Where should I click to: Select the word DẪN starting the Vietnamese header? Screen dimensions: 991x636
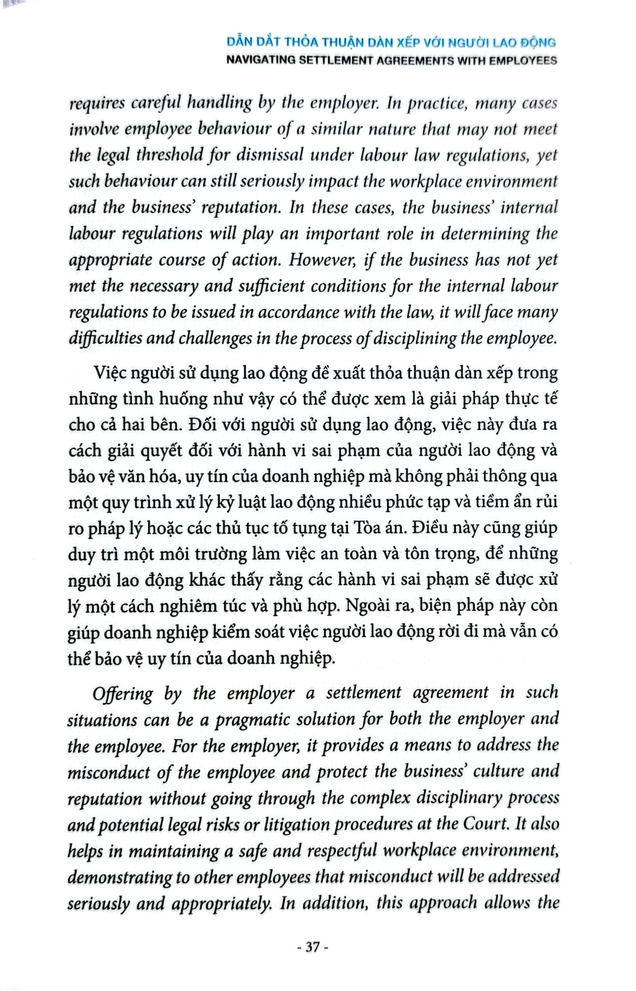(x=239, y=43)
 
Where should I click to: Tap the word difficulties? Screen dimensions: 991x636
(x=105, y=338)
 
